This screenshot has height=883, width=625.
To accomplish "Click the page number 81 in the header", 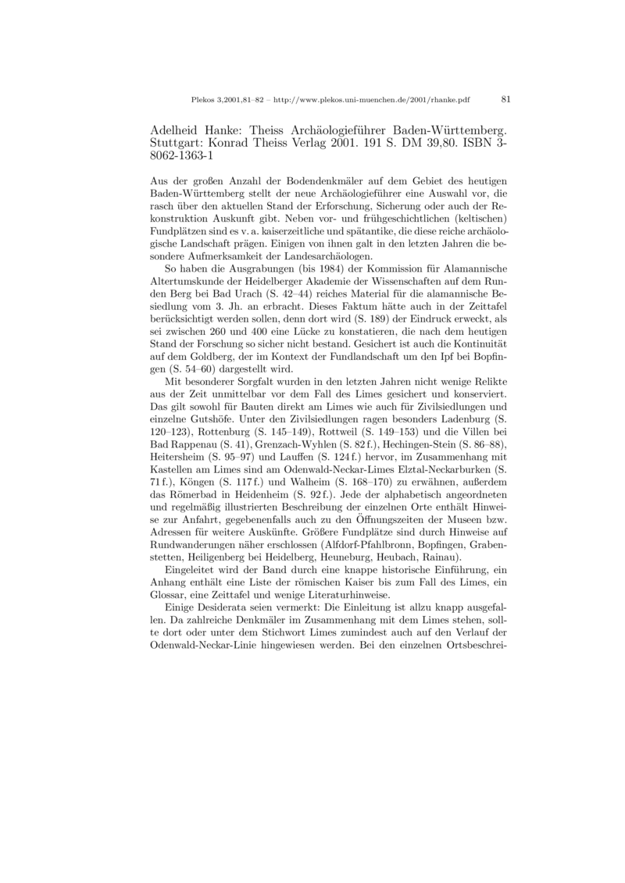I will click(x=505, y=99).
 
